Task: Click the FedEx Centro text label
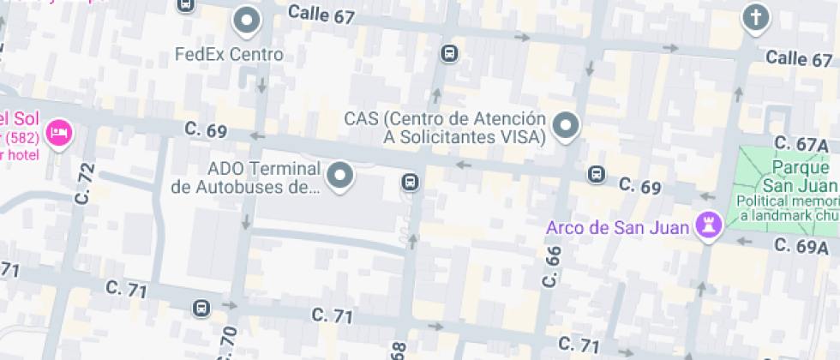pyautogui.click(x=229, y=54)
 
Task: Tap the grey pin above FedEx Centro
pyautogui.click(x=248, y=20)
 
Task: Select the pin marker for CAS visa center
pyautogui.click(x=566, y=125)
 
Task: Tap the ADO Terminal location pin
pyautogui.click(x=341, y=176)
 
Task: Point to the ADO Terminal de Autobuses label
pyautogui.click(x=245, y=177)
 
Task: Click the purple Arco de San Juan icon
pyautogui.click(x=709, y=225)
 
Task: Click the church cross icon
pyautogui.click(x=755, y=16)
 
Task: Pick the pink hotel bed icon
pyautogui.click(x=59, y=132)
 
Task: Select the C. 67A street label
pyautogui.click(x=801, y=144)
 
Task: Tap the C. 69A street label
pyautogui.click(x=804, y=245)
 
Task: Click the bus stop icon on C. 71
pyautogui.click(x=201, y=308)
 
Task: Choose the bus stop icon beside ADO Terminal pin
pyautogui.click(x=411, y=182)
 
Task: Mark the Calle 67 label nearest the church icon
pyautogui.click(x=798, y=58)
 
